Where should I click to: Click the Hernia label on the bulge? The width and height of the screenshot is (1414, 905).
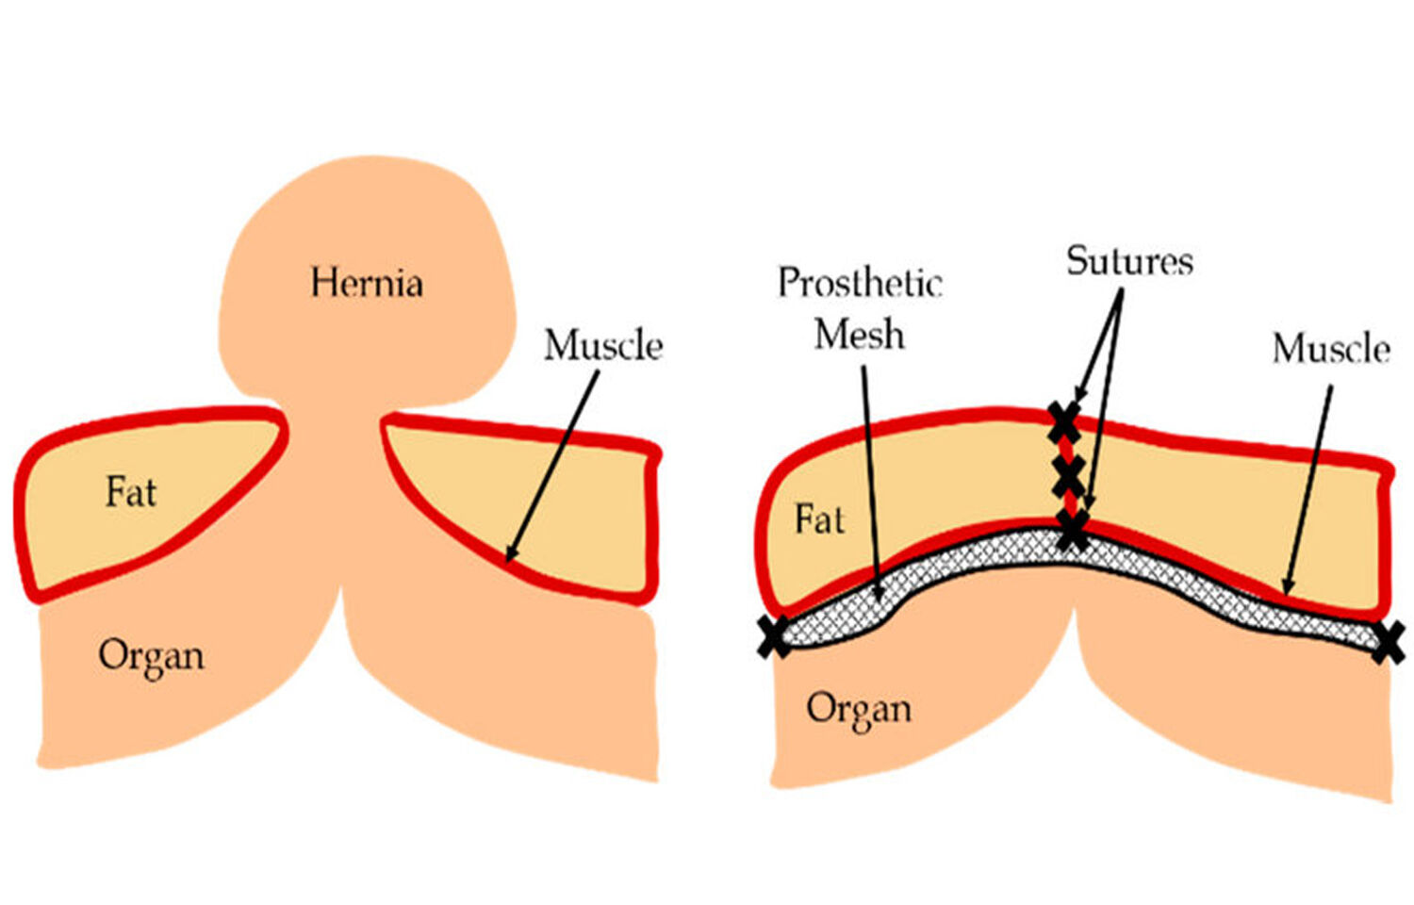click(x=367, y=283)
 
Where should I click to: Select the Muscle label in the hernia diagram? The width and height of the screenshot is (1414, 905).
click(x=603, y=346)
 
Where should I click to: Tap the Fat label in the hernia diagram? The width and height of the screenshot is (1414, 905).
click(x=130, y=492)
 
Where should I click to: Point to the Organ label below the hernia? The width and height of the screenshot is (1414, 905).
click(x=151, y=656)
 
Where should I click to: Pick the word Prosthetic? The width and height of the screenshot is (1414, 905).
click(x=860, y=283)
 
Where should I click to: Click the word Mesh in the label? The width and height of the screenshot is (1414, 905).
click(x=860, y=335)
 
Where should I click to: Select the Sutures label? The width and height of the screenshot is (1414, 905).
click(x=1129, y=261)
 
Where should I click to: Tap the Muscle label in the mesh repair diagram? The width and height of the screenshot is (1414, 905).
click(x=1331, y=349)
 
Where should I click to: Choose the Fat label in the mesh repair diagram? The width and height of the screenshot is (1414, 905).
click(x=819, y=519)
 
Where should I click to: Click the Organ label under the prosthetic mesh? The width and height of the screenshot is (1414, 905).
click(x=859, y=709)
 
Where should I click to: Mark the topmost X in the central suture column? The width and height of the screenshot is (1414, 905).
click(x=1064, y=421)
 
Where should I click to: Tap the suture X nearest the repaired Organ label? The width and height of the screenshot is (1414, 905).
click(x=775, y=637)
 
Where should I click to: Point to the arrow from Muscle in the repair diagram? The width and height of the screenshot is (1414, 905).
click(x=1309, y=490)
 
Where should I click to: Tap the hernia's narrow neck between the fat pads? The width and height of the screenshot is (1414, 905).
click(x=334, y=424)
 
